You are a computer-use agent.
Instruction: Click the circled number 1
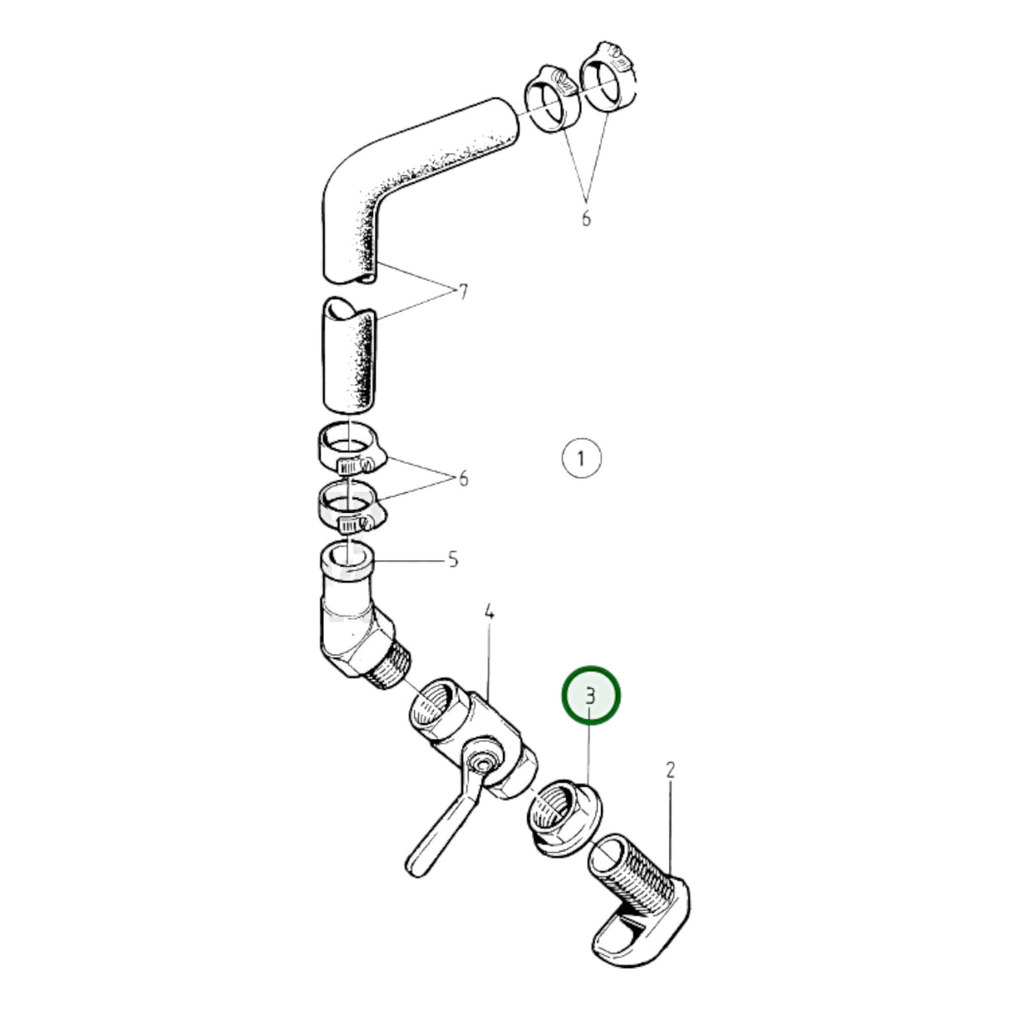[x=581, y=458]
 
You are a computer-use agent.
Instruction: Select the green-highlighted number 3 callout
[x=590, y=696]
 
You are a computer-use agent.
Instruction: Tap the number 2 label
[x=670, y=770]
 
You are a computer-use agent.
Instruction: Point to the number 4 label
[x=489, y=611]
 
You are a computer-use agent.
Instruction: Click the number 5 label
[x=453, y=560]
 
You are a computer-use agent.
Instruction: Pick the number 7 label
[x=462, y=292]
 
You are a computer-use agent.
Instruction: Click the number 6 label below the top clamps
[x=586, y=218]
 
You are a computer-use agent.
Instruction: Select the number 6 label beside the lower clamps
[x=463, y=478]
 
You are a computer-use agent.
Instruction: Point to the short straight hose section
[x=349, y=356]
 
